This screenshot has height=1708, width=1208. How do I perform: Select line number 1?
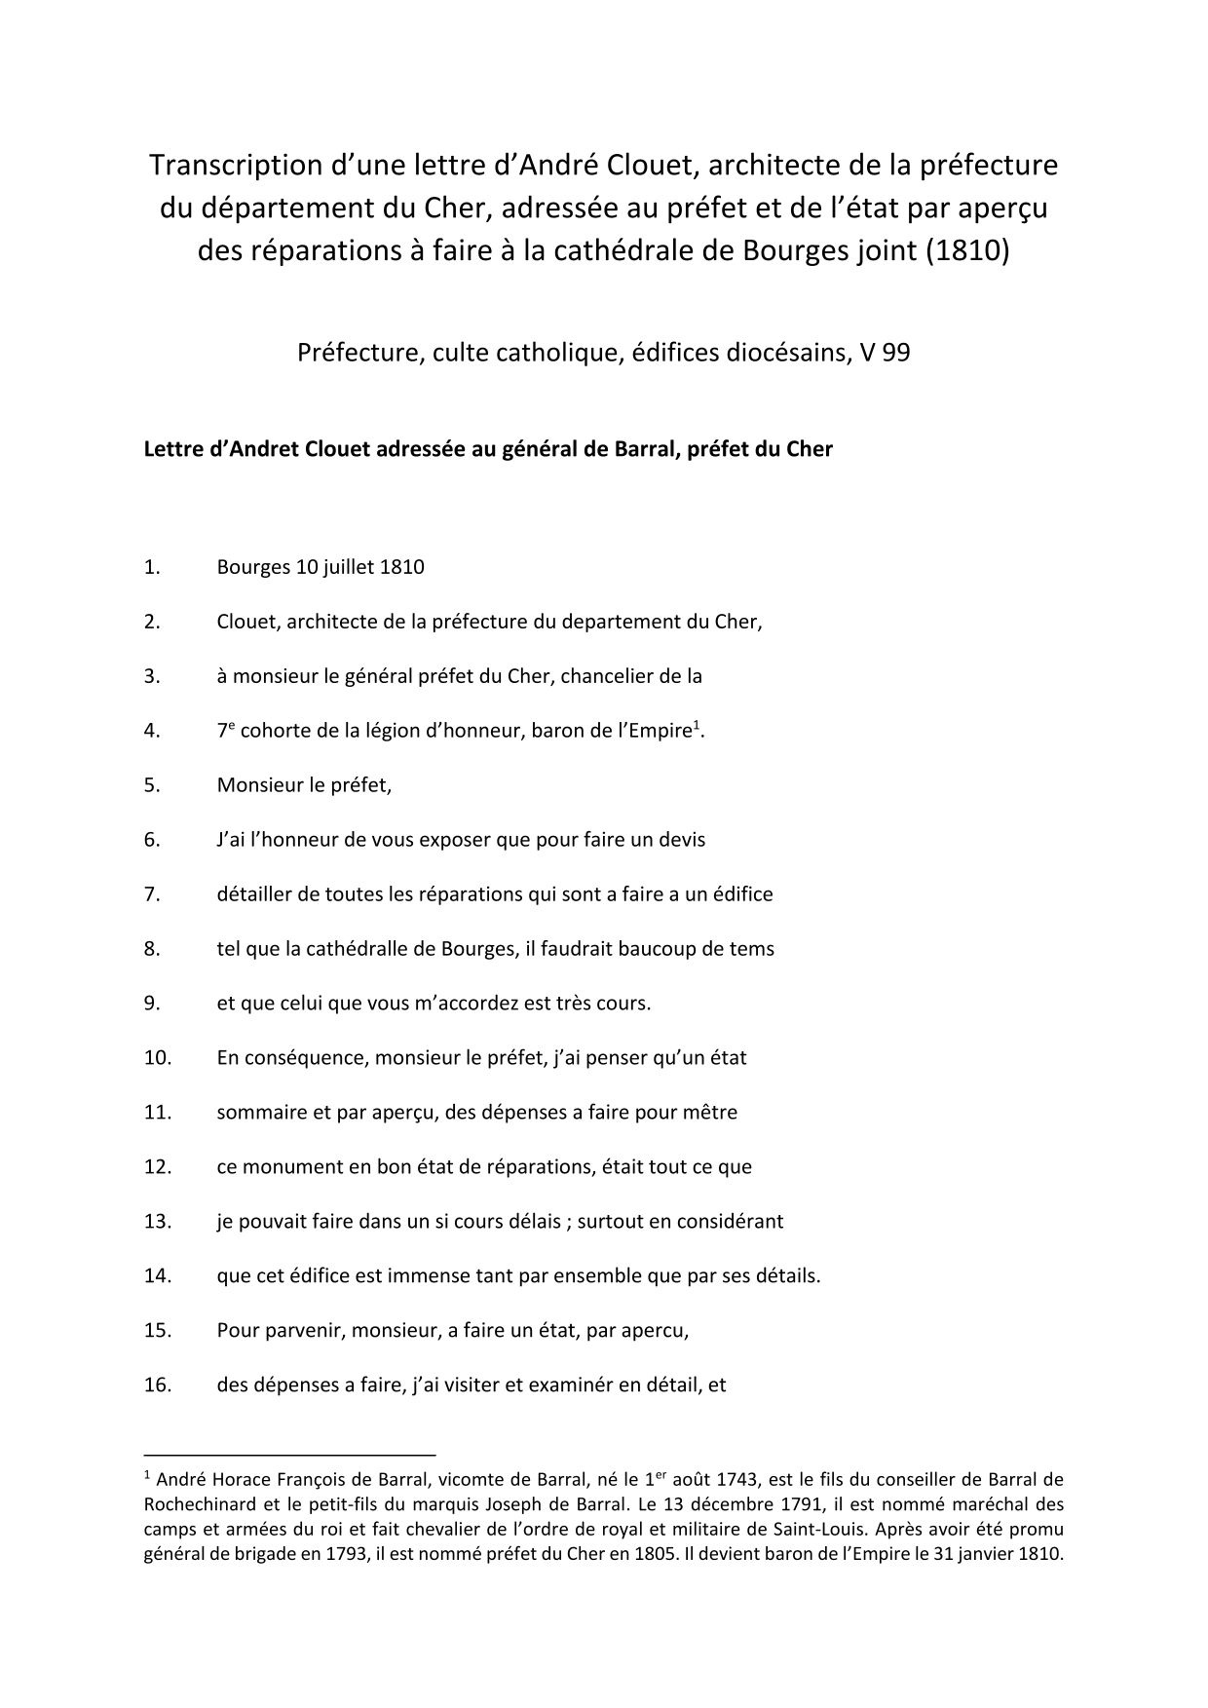point(151,567)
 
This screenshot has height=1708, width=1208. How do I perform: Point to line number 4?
point(151,731)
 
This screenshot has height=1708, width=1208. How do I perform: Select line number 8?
point(151,949)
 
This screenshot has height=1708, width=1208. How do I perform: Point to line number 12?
point(157,1167)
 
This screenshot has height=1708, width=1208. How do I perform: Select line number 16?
point(157,1385)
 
